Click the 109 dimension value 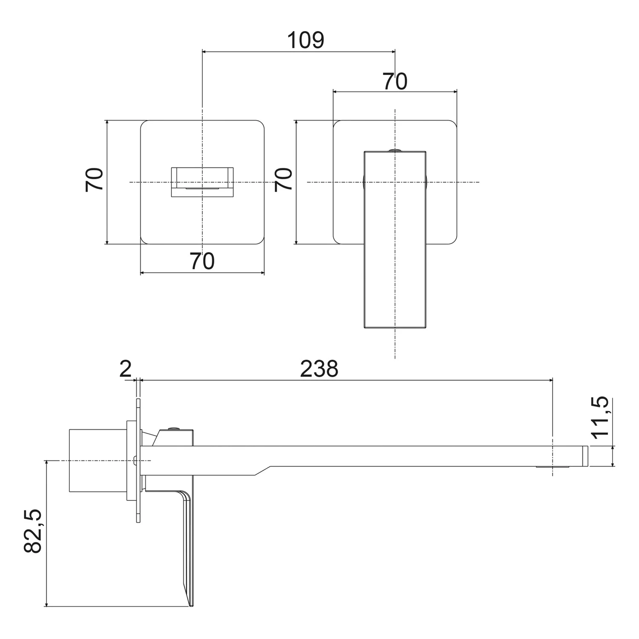(305, 40)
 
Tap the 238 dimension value (319, 369)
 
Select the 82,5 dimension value (33, 531)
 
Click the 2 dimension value (125, 369)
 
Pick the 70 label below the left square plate (202, 261)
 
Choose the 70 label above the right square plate (395, 81)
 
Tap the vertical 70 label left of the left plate (94, 180)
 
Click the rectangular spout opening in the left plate (202, 182)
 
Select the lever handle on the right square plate (395, 239)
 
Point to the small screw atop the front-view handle (395, 150)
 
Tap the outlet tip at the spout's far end (585, 456)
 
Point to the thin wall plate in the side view (138, 461)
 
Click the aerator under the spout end (553, 467)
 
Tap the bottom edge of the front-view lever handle (395, 328)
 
